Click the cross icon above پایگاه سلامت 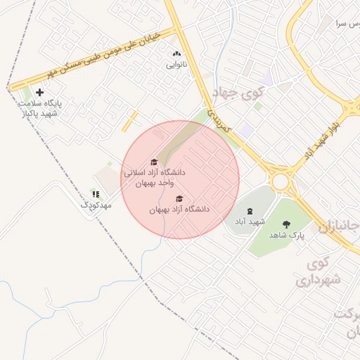39,92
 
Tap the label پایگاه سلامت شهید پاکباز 40,108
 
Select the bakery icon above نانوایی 176,53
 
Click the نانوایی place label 176,65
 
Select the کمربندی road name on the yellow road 221,119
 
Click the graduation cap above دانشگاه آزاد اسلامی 154,162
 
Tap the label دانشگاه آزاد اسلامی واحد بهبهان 155,177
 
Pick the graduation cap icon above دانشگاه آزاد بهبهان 179,198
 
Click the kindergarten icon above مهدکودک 96,194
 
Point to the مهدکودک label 96,205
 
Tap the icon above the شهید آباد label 250,211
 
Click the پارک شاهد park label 288,236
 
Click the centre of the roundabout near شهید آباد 281,181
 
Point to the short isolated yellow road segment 129,121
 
